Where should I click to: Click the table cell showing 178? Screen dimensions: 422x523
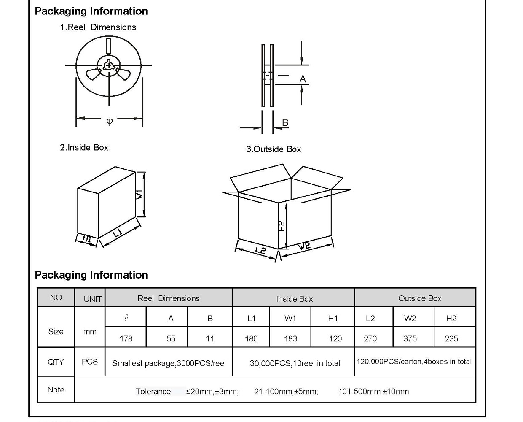126,338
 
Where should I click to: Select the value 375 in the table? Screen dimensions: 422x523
410,338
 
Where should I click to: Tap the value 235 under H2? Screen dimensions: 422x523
451,338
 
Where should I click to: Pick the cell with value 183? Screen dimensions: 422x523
290,338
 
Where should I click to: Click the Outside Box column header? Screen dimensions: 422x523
420,298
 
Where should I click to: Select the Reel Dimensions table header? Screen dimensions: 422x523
169,298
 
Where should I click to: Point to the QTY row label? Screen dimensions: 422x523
56,362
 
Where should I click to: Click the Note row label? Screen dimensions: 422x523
56,390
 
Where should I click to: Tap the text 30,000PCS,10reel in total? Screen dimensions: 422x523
295,363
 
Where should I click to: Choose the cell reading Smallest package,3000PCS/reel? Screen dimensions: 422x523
169,363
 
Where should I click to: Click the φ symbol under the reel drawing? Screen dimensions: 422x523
110,121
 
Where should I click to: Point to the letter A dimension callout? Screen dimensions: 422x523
303,79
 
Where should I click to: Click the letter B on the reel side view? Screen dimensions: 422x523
285,122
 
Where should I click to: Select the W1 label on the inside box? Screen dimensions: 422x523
140,195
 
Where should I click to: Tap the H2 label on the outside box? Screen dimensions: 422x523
282,226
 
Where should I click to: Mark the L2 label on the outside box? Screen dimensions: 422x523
260,250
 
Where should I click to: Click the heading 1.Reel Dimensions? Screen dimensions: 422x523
98,27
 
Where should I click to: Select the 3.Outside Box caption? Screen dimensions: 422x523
274,149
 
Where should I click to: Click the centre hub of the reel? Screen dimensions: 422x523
109,65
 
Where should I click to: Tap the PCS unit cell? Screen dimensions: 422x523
90,362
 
